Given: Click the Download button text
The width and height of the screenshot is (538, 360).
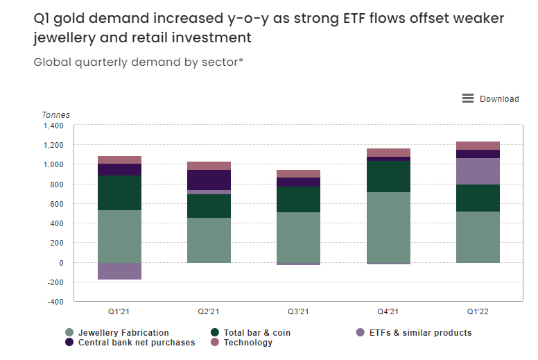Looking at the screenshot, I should tap(499, 99).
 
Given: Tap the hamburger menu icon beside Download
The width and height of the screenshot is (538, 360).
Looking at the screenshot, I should tap(468, 98).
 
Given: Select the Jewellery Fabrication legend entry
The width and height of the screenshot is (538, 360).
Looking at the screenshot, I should tap(123, 333).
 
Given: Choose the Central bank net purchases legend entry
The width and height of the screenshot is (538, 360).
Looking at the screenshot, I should tap(137, 343).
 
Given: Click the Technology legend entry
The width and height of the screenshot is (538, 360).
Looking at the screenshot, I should tap(248, 343).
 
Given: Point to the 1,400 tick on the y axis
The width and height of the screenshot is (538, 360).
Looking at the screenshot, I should tap(53, 126).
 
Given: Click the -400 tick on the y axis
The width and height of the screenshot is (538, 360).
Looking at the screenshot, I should tap(53, 302).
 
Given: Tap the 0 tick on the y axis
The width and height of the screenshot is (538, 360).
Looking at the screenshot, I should tap(61, 263).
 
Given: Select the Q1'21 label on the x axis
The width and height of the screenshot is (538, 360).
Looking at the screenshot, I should tap(119, 312).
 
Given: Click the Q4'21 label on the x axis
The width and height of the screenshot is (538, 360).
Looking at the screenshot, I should tap(388, 312).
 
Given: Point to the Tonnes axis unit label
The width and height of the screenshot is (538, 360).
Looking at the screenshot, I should tap(56, 115).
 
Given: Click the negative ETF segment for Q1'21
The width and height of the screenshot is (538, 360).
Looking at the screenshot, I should tap(119, 271).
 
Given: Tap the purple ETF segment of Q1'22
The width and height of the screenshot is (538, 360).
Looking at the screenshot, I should tap(478, 171).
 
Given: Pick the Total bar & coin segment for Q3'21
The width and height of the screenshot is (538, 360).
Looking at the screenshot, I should tap(299, 200).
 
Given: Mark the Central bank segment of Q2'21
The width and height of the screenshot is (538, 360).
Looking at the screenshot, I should tap(209, 180).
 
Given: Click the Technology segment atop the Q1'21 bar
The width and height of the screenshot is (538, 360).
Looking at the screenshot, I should tap(119, 160).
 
